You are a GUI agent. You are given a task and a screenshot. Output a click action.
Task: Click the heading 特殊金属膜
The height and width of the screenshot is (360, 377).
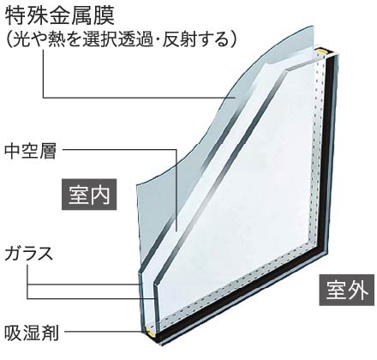pos(60,15)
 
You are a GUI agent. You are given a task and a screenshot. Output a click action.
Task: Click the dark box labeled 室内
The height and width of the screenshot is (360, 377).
pos(89,195)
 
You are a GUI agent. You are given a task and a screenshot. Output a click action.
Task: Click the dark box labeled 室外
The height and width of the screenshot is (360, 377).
pos(347,290)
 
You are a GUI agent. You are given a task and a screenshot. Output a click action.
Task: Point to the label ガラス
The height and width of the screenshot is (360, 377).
pos(29,253)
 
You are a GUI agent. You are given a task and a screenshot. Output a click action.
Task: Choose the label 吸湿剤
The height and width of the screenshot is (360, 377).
pos(32,332)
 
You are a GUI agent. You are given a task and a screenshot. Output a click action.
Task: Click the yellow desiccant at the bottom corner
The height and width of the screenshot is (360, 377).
pos(151,331)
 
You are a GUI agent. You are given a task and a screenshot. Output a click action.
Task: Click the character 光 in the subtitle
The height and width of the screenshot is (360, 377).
pos(21,39)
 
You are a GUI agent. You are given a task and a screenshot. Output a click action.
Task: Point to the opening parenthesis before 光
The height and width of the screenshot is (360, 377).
pos(9,39)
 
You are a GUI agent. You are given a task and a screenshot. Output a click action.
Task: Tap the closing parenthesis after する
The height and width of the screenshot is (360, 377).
pos(233,39)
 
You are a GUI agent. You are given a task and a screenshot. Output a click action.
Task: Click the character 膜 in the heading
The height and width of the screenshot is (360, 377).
pos(105,15)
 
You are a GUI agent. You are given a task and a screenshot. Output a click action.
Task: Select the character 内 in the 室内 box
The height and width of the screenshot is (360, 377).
pos(100,195)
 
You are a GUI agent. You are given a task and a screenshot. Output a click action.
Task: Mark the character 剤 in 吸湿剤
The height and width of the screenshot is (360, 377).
pos(50,332)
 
